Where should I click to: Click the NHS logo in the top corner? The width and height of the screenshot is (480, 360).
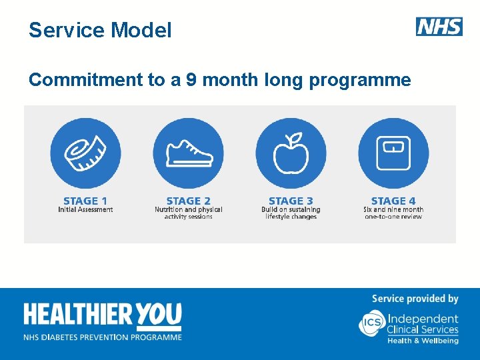[439, 27]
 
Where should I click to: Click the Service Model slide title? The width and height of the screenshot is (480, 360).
[100, 30]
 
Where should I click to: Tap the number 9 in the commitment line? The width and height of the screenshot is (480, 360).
[191, 80]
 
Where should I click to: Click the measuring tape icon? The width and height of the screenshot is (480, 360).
[85, 153]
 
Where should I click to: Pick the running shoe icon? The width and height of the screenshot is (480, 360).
[188, 153]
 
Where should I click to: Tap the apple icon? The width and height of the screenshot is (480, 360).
[291, 153]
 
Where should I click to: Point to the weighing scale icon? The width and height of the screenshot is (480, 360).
[393, 153]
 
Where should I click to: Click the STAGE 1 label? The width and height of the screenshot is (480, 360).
[85, 201]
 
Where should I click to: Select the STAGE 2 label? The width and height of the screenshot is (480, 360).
[188, 201]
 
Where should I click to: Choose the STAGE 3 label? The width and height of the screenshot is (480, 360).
[291, 201]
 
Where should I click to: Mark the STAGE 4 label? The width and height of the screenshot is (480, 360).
[393, 201]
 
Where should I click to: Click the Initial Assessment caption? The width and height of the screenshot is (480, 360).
[85, 209]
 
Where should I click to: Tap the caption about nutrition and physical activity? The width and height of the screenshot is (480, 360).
[188, 213]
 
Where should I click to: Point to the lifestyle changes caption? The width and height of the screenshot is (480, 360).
[291, 213]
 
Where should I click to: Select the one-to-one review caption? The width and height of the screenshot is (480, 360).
[393, 213]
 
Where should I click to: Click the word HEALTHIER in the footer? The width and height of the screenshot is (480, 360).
[79, 315]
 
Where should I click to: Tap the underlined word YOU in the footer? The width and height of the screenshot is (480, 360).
[159, 315]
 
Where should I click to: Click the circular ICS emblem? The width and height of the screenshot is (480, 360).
[371, 323]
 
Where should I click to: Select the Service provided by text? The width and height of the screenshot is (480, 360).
[415, 299]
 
